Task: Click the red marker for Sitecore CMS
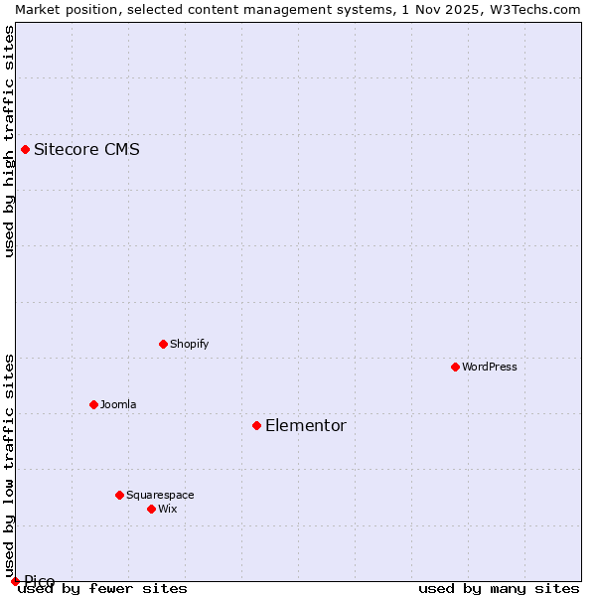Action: click(x=25, y=150)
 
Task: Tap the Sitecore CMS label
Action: click(x=86, y=150)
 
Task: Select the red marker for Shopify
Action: click(x=163, y=344)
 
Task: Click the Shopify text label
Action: click(x=189, y=345)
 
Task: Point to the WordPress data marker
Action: click(x=455, y=367)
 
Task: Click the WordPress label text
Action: click(x=489, y=368)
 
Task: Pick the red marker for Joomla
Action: click(x=93, y=404)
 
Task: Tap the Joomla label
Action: click(x=118, y=405)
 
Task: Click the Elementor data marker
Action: click(x=256, y=425)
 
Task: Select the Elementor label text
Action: click(x=306, y=426)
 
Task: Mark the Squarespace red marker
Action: click(x=119, y=495)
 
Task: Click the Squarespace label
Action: click(x=160, y=496)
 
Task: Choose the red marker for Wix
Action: click(x=151, y=509)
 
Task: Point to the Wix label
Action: click(x=168, y=510)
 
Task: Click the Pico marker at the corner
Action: click(x=15, y=581)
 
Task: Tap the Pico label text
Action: click(x=40, y=581)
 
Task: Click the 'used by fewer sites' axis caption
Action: click(x=102, y=589)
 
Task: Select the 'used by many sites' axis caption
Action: click(x=499, y=589)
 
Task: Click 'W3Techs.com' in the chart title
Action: click(x=536, y=9)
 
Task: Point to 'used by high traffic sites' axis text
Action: click(x=10, y=141)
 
